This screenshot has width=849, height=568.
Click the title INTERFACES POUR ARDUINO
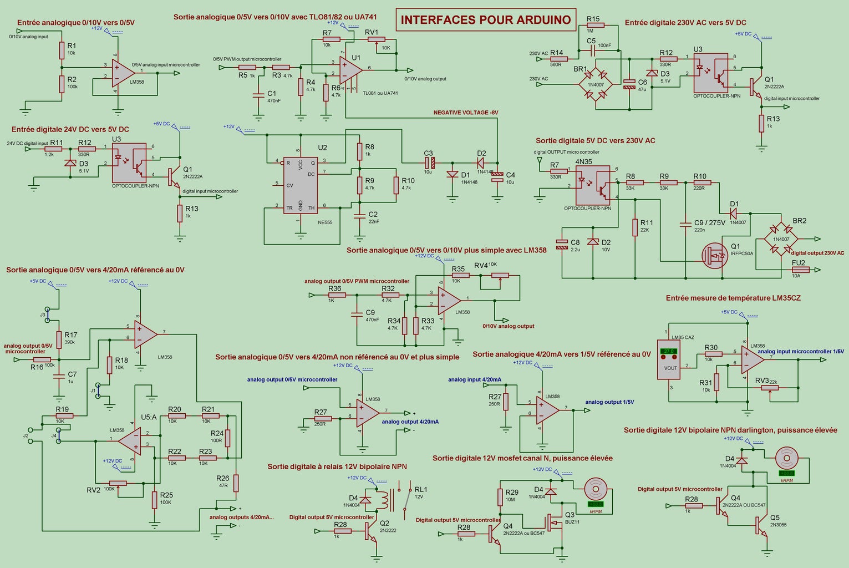click(485, 20)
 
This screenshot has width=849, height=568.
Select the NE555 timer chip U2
click(300, 185)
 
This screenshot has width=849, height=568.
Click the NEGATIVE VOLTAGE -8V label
click(466, 113)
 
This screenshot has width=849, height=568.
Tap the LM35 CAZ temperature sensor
click(669, 359)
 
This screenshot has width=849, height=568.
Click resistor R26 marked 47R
click(236, 483)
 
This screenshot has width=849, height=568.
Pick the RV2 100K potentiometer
click(118, 483)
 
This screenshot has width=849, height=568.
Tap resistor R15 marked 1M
click(596, 26)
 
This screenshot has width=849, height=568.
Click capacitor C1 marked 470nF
click(258, 95)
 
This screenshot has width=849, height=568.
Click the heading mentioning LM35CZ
click(733, 298)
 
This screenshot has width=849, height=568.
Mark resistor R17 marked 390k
click(59, 339)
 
